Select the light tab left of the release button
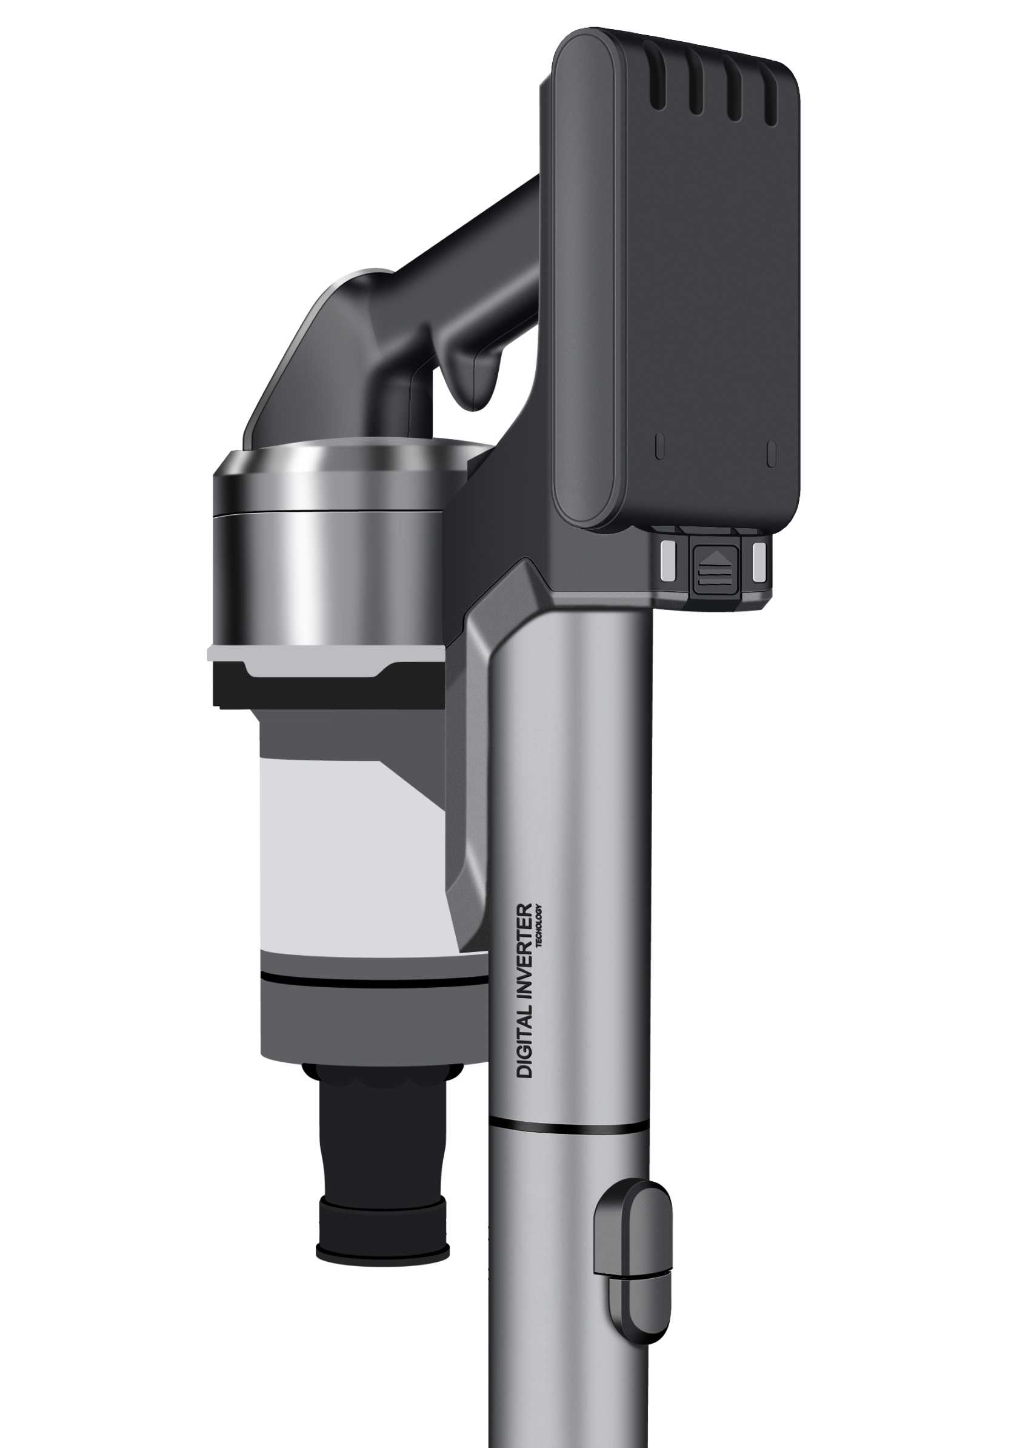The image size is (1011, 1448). click(x=667, y=561)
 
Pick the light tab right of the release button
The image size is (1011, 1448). click(x=760, y=561)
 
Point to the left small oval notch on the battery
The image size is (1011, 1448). click(x=660, y=447)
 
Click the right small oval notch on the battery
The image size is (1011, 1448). click(x=772, y=453)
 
